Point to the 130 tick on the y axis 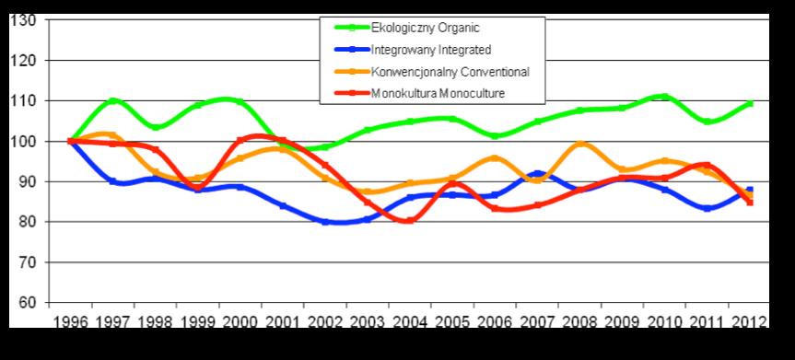pos(23,20)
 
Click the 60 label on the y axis pos(27,302)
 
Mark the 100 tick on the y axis pos(23,141)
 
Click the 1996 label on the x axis pos(71,322)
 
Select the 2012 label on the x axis pos(749,322)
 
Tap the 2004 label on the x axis pos(410,322)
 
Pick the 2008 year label pos(579,322)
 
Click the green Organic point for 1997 pos(113,101)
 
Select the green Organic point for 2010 pos(664,97)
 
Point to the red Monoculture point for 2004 pos(410,221)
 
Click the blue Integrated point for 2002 pos(325,222)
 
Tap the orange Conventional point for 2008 pos(579,144)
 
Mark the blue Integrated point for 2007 pos(537,173)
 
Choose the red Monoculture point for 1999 pos(198,189)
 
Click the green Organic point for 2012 pos(749,103)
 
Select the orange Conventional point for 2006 pos(495,158)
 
